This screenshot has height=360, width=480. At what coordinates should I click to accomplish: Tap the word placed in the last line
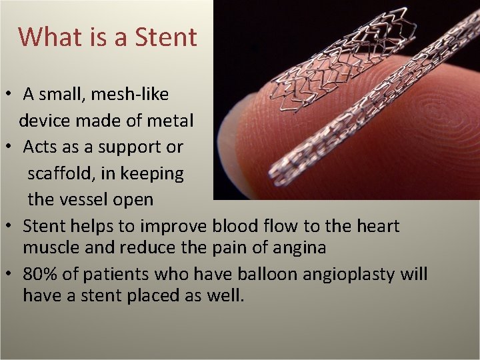pos(159,295)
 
